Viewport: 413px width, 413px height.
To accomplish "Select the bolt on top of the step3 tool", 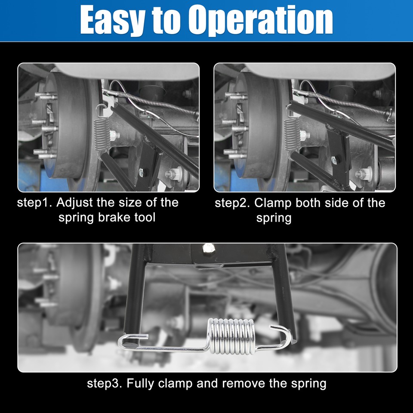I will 209,248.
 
